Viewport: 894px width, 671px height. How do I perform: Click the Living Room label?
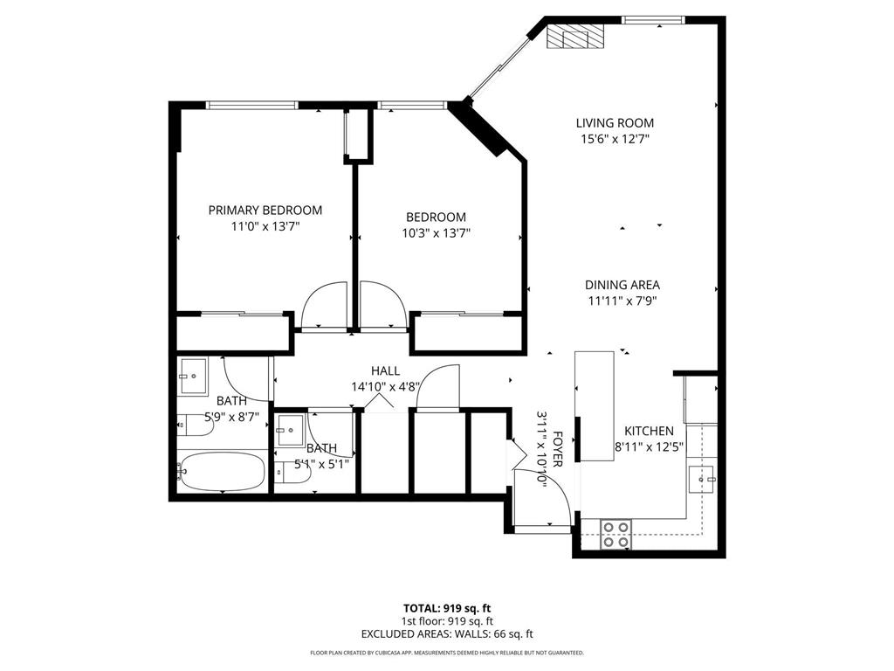(x=615, y=123)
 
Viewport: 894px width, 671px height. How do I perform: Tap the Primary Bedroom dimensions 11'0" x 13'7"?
(x=265, y=226)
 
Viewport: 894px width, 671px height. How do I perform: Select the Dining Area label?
(x=622, y=285)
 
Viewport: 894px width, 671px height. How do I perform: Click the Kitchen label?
(x=649, y=432)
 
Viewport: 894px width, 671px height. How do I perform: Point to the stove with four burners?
(x=616, y=534)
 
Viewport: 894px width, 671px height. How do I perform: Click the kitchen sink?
(x=702, y=479)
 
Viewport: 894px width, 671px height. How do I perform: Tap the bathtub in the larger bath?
(x=222, y=473)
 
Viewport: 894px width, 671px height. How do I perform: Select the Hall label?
(x=385, y=370)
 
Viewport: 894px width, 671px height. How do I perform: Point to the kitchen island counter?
(x=594, y=384)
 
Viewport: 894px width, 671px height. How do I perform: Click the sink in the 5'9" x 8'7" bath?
(x=193, y=378)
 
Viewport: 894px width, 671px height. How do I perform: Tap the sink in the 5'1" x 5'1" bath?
(x=289, y=430)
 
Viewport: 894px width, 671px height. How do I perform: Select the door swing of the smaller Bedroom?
(x=381, y=306)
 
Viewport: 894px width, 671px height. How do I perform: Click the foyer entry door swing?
(x=546, y=496)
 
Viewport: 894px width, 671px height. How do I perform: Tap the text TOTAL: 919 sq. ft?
(x=446, y=607)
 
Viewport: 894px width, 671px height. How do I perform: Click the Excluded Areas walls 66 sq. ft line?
(x=446, y=633)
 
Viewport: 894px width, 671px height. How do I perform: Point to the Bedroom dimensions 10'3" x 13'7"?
(x=436, y=233)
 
